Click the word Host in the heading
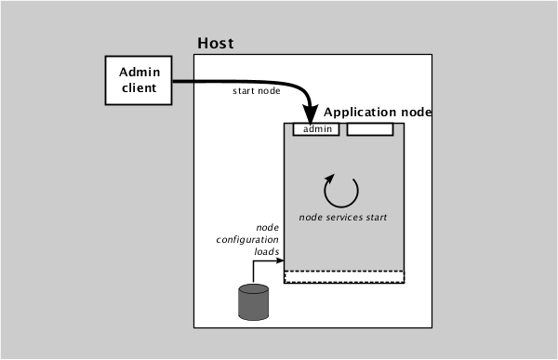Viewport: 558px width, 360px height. (x=216, y=43)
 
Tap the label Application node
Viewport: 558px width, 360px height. (x=378, y=112)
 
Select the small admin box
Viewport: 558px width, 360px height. (x=317, y=129)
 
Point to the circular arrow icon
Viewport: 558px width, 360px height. (x=340, y=190)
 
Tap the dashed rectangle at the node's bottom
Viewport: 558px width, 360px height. (x=343, y=276)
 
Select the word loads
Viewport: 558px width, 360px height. (x=266, y=250)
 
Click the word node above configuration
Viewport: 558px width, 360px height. (x=268, y=228)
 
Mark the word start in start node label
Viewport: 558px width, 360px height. (x=244, y=91)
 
